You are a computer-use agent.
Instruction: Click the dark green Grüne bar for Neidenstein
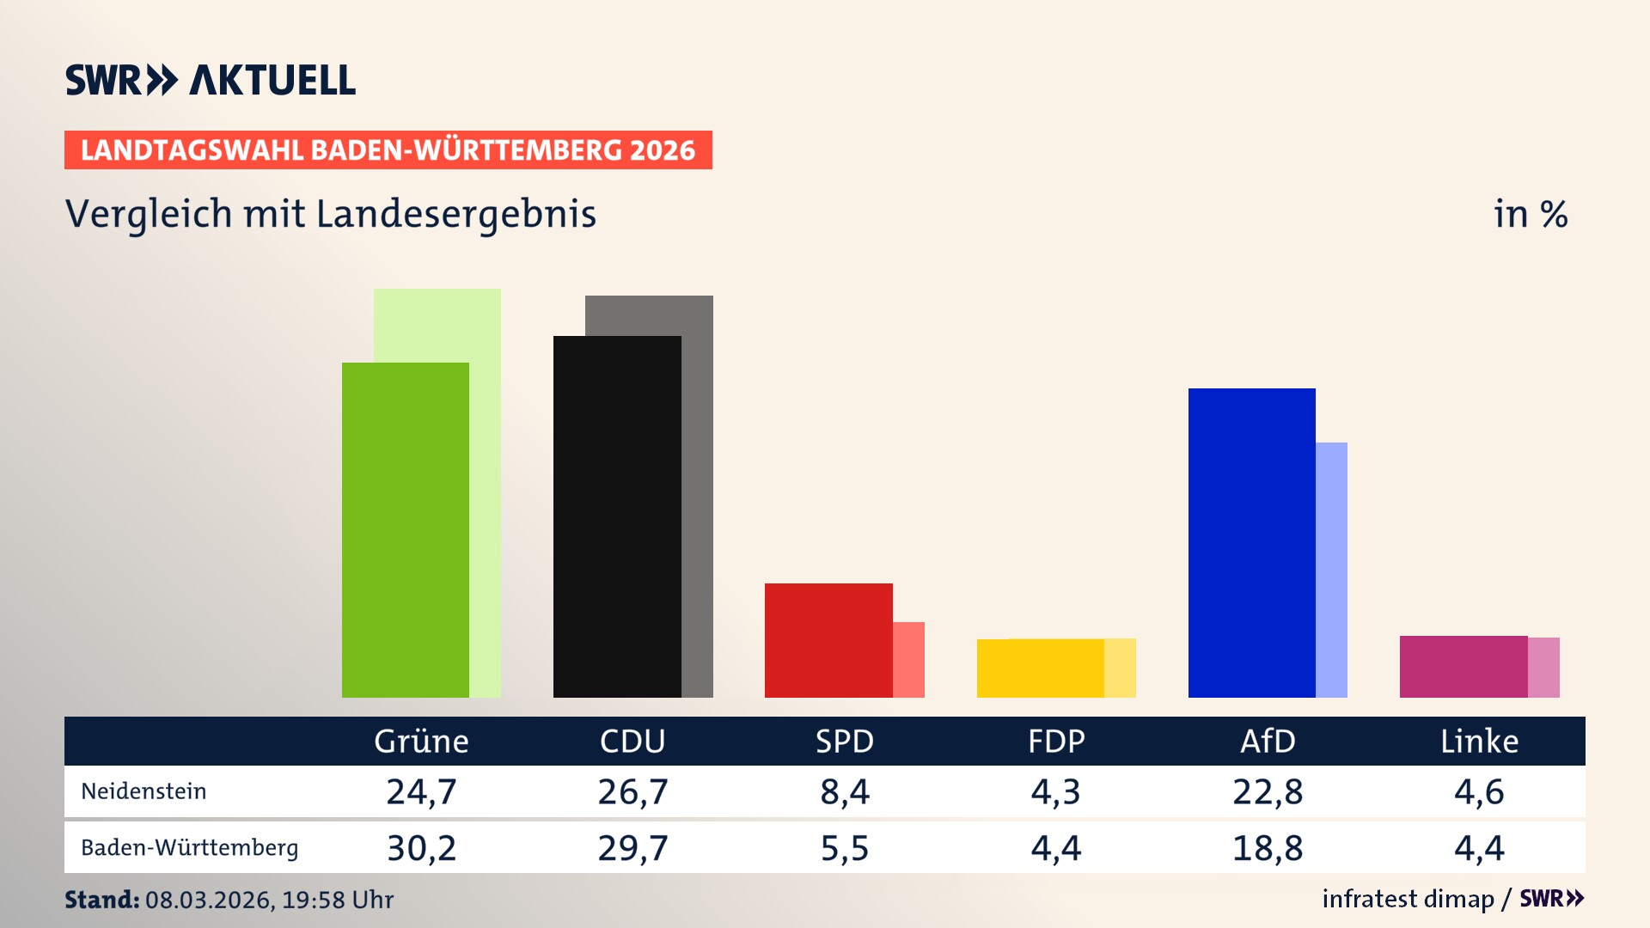point(406,529)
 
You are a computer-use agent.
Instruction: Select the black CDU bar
point(617,516)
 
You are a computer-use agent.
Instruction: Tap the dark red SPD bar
point(828,640)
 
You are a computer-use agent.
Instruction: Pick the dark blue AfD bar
point(1251,542)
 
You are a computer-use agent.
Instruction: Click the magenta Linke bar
point(1464,667)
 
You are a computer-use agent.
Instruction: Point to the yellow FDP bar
point(1040,669)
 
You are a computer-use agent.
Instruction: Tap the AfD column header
point(1268,742)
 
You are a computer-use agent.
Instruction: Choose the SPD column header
point(844,742)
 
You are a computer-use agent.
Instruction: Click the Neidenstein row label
point(144,791)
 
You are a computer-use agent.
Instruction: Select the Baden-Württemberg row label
point(189,848)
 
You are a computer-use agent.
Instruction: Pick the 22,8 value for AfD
point(1268,791)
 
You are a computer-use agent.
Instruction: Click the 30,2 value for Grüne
point(421,848)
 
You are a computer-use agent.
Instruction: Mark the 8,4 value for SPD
point(844,791)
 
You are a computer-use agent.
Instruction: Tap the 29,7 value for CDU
point(632,848)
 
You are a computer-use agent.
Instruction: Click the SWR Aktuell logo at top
point(211,80)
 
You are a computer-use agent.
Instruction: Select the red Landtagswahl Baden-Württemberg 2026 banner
point(388,150)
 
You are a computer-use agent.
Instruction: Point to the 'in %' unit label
point(1530,214)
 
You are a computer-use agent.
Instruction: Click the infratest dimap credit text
point(1408,899)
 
